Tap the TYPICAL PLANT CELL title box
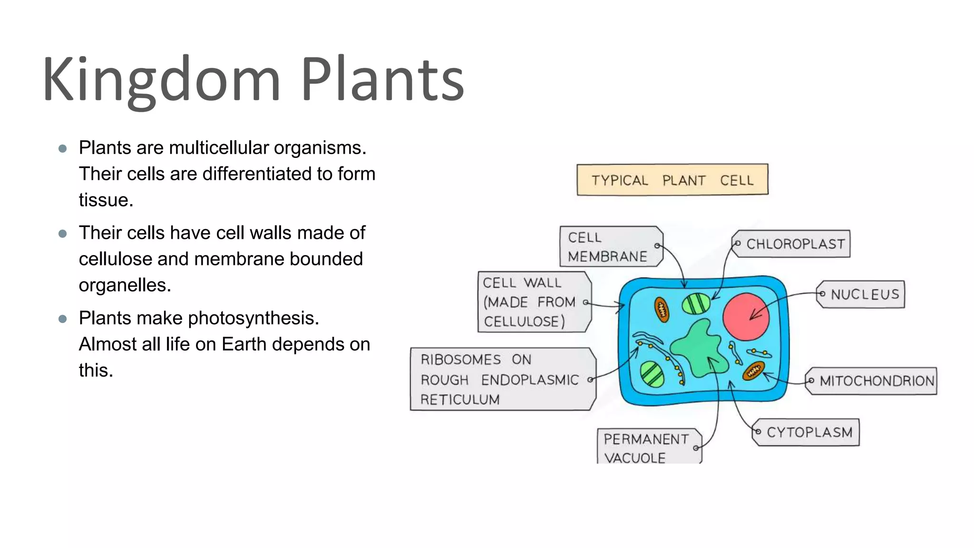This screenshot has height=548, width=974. coord(672,180)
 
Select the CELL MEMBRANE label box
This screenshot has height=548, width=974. coord(610,246)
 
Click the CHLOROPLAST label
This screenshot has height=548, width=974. coord(792,244)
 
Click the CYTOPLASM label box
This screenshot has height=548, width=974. coord(807,432)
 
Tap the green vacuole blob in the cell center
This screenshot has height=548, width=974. coord(699,350)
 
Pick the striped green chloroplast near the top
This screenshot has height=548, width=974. coord(696,304)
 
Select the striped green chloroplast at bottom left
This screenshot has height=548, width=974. coord(652,374)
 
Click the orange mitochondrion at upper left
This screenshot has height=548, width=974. coord(662,310)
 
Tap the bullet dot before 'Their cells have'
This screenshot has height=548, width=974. coord(62,234)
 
